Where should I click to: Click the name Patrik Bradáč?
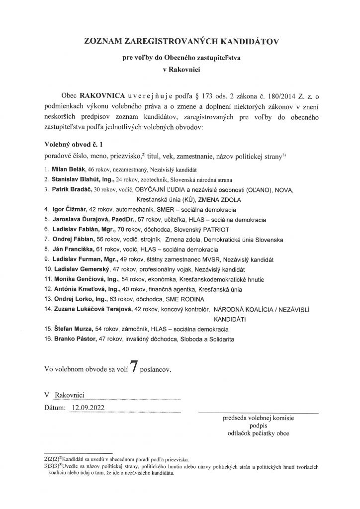[x=70, y=189]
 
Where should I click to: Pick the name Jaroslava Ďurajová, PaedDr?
[x=89, y=219]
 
